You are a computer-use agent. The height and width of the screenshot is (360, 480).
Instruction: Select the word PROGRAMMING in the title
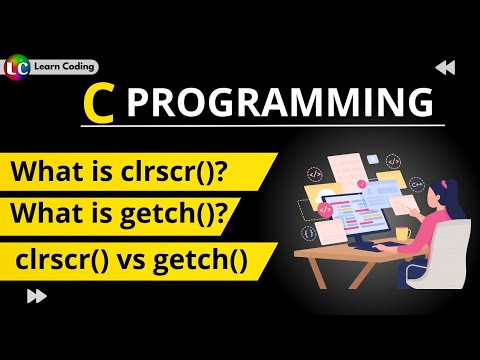coord(282,104)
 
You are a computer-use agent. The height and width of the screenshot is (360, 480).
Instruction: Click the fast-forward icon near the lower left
coord(37,295)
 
